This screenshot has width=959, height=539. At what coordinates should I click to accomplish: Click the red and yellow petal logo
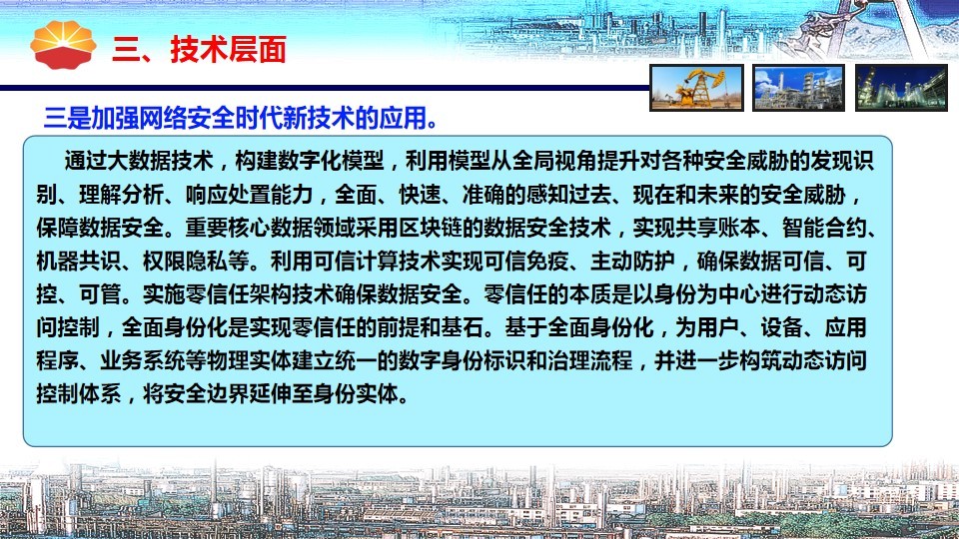(x=63, y=44)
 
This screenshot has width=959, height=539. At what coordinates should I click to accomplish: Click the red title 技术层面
(x=228, y=50)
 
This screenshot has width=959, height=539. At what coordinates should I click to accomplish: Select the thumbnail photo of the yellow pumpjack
(x=696, y=88)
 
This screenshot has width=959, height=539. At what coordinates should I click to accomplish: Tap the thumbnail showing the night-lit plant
(x=901, y=88)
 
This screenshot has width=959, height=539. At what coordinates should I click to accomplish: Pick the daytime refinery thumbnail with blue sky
(x=798, y=88)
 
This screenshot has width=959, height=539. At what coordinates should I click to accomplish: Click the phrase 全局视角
(x=554, y=161)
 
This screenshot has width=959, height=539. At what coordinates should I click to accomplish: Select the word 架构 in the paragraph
(x=271, y=293)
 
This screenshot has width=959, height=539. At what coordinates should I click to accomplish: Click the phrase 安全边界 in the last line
(x=207, y=393)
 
